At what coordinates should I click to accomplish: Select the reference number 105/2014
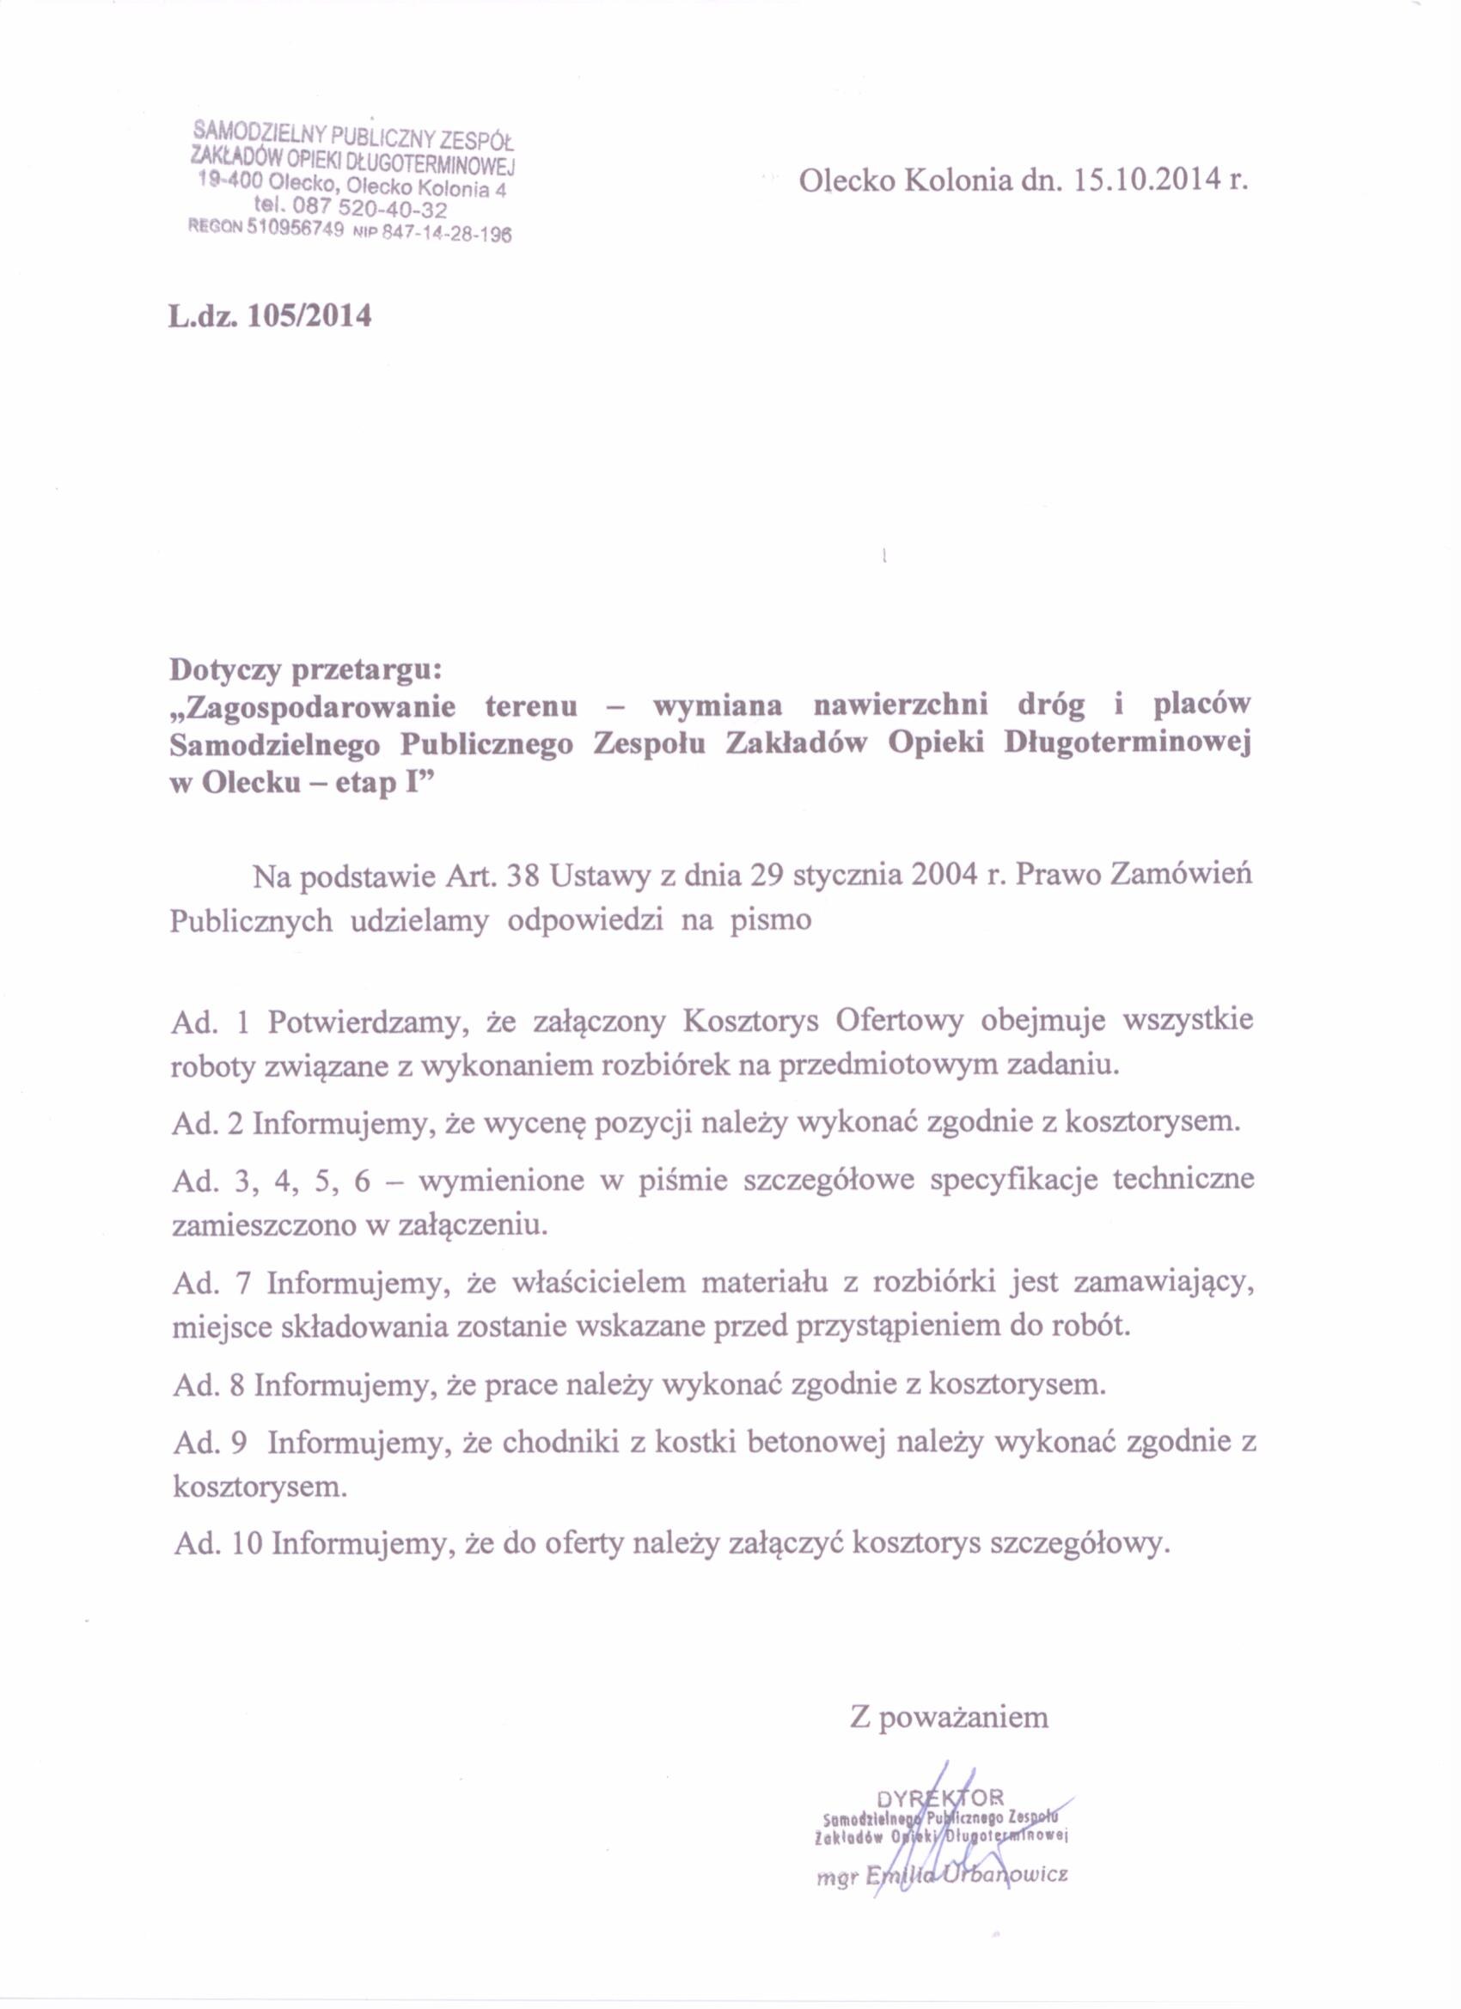click(x=311, y=315)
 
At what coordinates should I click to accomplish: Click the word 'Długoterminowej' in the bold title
click(x=1127, y=746)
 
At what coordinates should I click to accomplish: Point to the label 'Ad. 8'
click(x=207, y=1383)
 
